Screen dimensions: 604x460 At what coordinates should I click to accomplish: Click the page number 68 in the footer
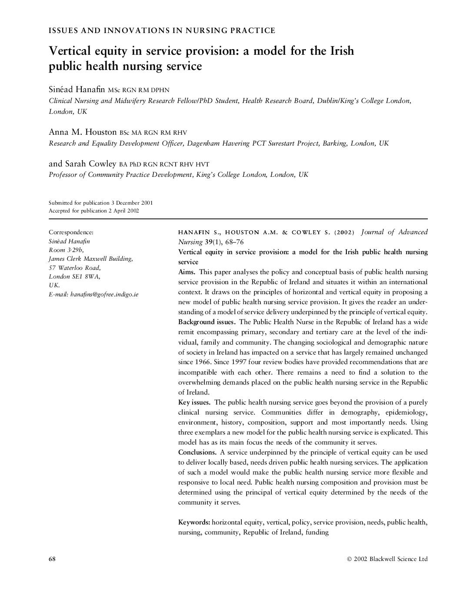(x=52, y=559)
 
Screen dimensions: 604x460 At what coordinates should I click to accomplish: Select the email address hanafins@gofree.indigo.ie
(x=104, y=294)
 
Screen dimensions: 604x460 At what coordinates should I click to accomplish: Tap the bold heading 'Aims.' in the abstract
(x=187, y=272)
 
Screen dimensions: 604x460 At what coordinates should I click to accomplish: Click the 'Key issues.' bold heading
(x=194, y=402)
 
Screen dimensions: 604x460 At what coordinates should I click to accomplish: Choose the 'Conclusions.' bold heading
(x=197, y=452)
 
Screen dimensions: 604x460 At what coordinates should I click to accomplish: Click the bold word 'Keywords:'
(x=194, y=522)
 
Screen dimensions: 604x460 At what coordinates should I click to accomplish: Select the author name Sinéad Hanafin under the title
(x=77, y=90)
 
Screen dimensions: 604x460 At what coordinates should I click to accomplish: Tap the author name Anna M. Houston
(x=83, y=132)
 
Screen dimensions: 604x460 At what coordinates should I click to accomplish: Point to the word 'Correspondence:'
(x=71, y=232)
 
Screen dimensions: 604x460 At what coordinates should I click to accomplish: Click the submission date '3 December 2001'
(x=132, y=203)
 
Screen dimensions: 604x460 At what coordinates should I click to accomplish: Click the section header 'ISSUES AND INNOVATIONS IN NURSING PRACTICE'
(x=162, y=30)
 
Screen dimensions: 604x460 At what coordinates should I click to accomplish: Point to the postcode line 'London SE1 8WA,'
(x=74, y=276)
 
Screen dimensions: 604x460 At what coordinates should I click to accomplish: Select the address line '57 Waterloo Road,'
(x=75, y=268)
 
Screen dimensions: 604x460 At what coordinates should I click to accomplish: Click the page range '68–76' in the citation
(x=234, y=242)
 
